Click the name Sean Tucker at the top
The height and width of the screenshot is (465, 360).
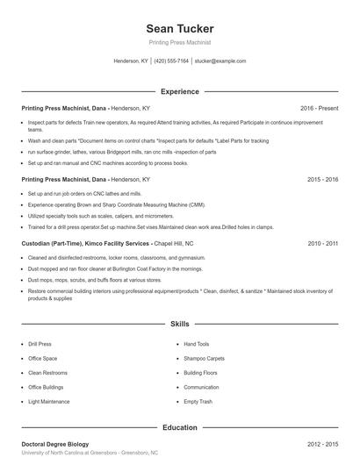coord(179,29)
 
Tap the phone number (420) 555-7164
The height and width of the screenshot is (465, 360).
coord(171,61)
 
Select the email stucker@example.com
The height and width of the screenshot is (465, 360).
coord(220,61)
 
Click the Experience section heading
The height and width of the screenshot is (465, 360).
coord(179,91)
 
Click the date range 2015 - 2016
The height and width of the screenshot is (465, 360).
coord(322,179)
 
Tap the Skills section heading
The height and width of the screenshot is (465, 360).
coord(179,324)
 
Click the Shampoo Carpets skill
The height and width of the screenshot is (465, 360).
coord(204,359)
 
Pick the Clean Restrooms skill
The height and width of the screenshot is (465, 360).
coord(47,373)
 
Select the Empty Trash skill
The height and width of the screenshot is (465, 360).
coord(198,401)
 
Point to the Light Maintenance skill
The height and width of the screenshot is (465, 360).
coord(48,401)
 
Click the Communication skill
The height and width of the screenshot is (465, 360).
coord(201,387)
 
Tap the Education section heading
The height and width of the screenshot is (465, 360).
coord(179,427)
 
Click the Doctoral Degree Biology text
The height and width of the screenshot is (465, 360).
coord(54,445)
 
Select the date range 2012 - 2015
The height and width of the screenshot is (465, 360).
coord(322,445)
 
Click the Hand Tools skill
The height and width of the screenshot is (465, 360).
coord(197,345)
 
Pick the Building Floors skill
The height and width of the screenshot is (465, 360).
coord(201,373)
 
